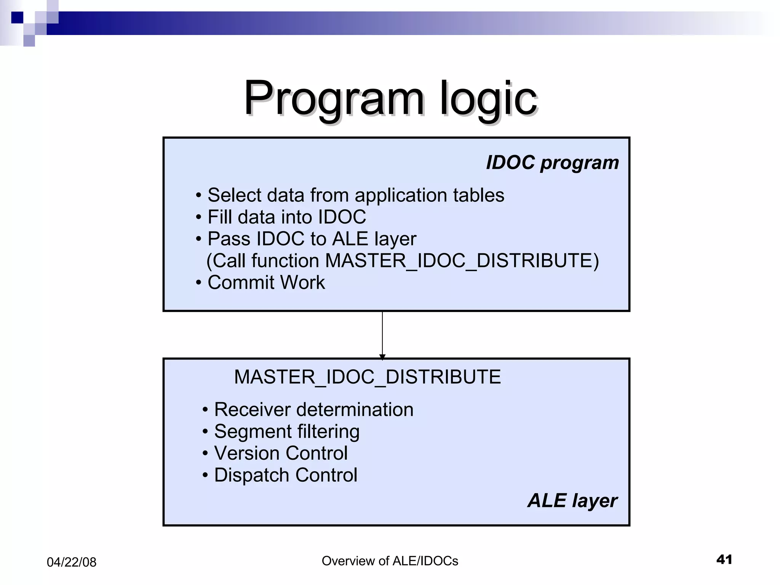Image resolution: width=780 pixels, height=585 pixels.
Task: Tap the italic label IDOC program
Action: click(552, 163)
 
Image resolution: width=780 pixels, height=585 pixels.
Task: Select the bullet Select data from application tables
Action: click(355, 195)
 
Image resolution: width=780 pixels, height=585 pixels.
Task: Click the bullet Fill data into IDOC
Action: click(286, 217)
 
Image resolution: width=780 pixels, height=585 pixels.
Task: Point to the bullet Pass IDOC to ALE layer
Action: click(312, 239)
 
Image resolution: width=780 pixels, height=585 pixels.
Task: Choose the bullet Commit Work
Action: click(266, 283)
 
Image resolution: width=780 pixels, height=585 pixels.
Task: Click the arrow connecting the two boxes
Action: click(382, 333)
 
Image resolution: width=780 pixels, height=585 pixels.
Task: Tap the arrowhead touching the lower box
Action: click(382, 356)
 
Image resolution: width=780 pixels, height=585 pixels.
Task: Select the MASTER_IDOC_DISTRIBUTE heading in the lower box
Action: click(367, 377)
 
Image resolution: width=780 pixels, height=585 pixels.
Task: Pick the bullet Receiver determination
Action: click(313, 410)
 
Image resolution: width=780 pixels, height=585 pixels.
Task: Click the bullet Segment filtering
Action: click(286, 432)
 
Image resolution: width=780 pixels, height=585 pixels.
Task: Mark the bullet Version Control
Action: click(280, 453)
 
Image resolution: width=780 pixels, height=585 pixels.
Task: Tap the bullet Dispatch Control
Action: click(285, 475)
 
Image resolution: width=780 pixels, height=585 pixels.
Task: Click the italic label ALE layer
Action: click(572, 500)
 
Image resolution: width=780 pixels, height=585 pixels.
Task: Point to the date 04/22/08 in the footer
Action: click(71, 562)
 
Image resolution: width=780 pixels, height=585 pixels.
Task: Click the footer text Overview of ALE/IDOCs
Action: click(390, 561)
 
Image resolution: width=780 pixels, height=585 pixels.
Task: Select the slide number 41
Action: click(724, 559)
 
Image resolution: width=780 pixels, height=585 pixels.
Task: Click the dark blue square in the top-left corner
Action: click(17, 18)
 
